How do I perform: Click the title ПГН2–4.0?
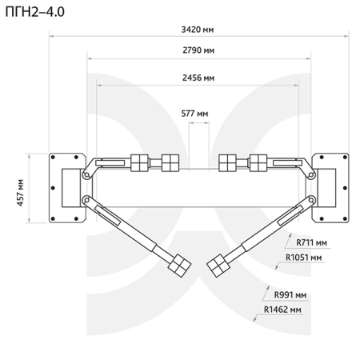(x=35, y=12)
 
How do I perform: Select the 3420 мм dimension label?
(x=198, y=30)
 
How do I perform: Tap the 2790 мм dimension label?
(x=198, y=50)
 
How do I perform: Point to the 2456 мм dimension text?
(x=198, y=78)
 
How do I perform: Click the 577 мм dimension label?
(x=194, y=114)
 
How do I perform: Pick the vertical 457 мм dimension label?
(x=20, y=193)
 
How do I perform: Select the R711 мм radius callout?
(x=311, y=242)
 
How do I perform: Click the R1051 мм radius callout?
(x=303, y=258)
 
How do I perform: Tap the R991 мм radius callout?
(x=290, y=295)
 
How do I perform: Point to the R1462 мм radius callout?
(x=282, y=310)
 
